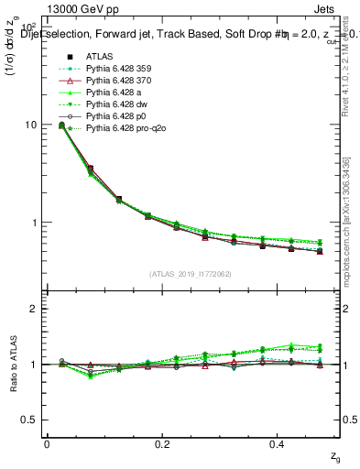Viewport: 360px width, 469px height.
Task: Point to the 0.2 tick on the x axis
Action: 163,442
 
